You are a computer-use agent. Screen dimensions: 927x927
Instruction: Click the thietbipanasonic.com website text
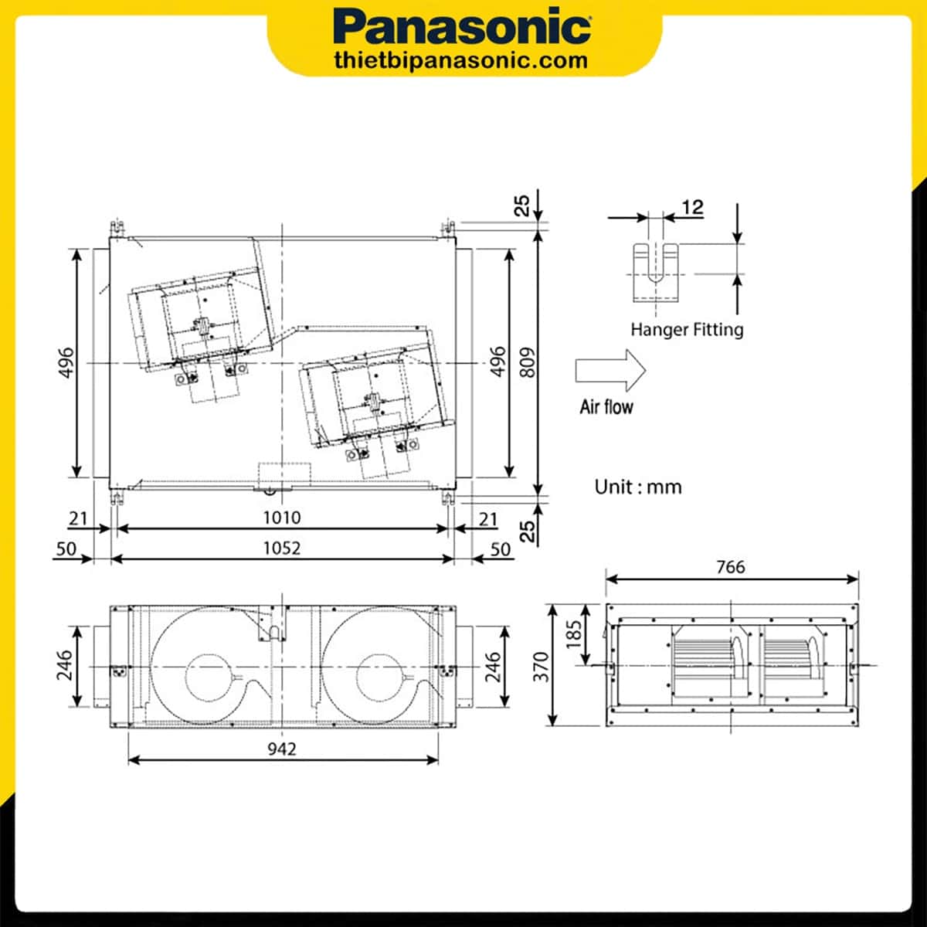tap(461, 60)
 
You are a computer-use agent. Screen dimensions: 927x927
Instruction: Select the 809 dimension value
tap(528, 362)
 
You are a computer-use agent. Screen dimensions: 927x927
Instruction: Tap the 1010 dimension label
tap(282, 517)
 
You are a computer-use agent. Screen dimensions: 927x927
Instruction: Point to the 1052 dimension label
tap(282, 548)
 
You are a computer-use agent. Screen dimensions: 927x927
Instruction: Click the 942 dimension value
tap(282, 749)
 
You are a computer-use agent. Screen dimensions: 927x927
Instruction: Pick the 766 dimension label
tap(730, 567)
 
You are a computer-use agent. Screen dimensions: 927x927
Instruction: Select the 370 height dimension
tap(542, 666)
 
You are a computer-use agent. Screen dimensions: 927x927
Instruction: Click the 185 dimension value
tap(574, 635)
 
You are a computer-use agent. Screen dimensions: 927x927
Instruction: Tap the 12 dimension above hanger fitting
tap(693, 207)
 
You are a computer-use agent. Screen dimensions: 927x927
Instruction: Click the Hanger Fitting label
tap(687, 330)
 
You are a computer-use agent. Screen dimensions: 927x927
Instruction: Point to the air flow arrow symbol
tap(610, 370)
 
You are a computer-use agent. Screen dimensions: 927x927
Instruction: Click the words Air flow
tap(606, 406)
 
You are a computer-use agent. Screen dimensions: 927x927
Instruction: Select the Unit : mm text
tap(638, 487)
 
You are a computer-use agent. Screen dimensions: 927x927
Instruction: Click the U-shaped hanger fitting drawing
tap(655, 272)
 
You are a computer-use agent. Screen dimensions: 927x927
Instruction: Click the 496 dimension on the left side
tap(66, 362)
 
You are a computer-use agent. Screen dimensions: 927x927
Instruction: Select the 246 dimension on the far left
tap(64, 666)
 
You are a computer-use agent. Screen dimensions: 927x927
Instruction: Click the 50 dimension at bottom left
tap(67, 548)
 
